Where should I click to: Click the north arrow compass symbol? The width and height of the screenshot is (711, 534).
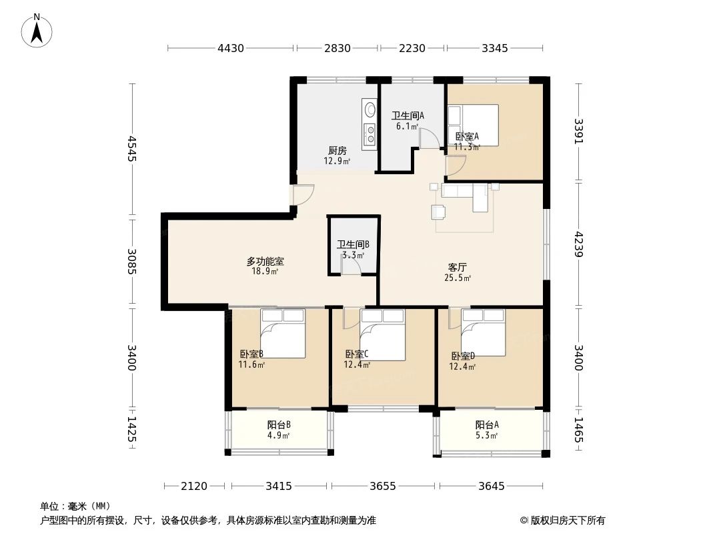click(x=37, y=31)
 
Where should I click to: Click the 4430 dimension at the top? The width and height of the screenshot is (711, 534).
click(x=231, y=48)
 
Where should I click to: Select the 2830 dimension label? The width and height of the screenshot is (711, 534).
click(x=337, y=48)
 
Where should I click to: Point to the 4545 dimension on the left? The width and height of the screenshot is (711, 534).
click(x=132, y=148)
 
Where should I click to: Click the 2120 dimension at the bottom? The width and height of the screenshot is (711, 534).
click(x=194, y=487)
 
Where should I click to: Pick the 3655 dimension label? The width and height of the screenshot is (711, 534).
click(x=383, y=487)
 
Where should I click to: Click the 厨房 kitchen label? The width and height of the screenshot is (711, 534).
click(x=337, y=151)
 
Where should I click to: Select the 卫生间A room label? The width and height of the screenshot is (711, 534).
click(x=408, y=116)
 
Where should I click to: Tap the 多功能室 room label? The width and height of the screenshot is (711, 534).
click(x=265, y=262)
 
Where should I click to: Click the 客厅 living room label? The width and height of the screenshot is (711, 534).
click(x=457, y=268)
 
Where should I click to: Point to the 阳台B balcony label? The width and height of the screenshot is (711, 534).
click(x=279, y=425)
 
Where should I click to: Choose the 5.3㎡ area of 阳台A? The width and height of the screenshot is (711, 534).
click(x=487, y=436)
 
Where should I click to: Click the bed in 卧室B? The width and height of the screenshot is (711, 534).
click(x=283, y=334)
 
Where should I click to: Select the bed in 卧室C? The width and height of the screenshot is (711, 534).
click(x=382, y=335)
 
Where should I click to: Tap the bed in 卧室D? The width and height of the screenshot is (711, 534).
click(x=484, y=332)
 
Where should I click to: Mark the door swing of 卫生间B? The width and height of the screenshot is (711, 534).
click(x=351, y=265)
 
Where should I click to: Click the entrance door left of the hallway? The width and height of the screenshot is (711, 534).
click(x=303, y=195)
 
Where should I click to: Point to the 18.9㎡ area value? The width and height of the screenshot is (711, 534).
click(x=265, y=272)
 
